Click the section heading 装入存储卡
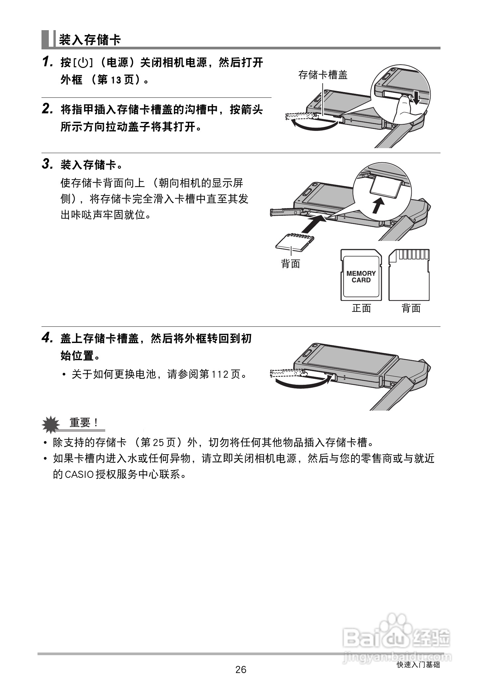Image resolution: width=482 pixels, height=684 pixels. [x=90, y=40]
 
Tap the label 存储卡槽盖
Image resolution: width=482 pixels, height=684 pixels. [x=323, y=75]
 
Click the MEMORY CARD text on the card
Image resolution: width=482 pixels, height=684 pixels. [x=361, y=277]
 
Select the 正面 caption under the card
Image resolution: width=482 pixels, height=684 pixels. [x=361, y=309]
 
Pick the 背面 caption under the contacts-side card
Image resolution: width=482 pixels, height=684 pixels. [x=411, y=309]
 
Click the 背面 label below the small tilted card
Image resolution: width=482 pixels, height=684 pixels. [x=291, y=264]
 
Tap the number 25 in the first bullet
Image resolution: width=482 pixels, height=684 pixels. [x=159, y=442]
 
